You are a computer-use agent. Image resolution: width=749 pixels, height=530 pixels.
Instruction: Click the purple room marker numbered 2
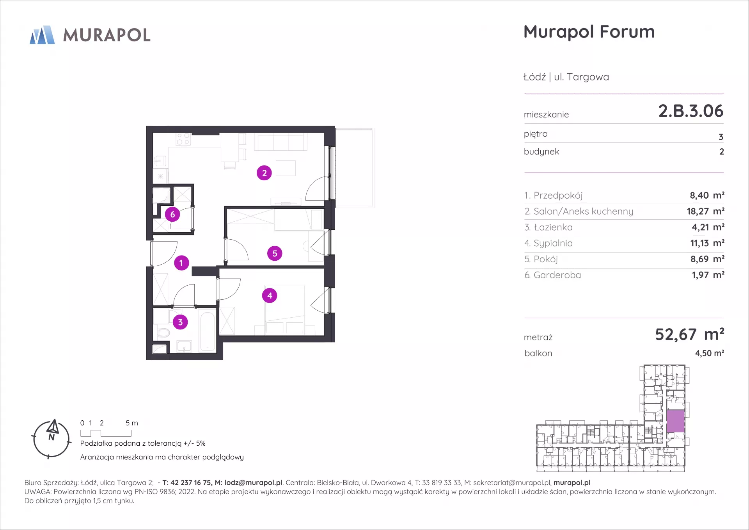(264, 173)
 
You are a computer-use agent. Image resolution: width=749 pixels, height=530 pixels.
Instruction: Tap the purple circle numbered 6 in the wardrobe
(172, 214)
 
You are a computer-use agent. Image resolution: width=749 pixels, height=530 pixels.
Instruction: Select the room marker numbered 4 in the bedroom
(270, 295)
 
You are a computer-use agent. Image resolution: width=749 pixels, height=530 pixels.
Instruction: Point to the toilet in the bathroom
(163, 333)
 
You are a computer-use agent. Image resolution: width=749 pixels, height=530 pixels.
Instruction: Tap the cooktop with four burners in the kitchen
(183, 139)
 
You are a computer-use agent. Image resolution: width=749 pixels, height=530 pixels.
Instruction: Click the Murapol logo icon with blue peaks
(42, 35)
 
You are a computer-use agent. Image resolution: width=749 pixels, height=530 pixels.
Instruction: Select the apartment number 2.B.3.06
(690, 111)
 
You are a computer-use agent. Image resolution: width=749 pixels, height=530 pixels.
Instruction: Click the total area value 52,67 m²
(689, 334)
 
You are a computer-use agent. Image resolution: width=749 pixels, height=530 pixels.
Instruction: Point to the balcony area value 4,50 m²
(709, 353)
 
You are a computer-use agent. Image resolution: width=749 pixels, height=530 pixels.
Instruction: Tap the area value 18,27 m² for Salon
(705, 211)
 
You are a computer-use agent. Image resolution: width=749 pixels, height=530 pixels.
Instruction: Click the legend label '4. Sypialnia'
(548, 243)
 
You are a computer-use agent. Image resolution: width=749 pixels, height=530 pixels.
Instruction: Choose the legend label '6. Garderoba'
(552, 275)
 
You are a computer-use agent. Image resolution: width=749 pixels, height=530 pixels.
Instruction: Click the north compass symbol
(51, 439)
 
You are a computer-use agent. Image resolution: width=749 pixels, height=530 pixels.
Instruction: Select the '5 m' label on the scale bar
(132, 423)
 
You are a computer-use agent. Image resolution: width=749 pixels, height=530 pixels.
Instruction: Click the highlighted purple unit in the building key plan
(675, 421)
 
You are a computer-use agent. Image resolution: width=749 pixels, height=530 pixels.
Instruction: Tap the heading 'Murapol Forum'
(589, 32)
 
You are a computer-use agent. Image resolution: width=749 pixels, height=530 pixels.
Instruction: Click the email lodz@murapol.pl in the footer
(253, 483)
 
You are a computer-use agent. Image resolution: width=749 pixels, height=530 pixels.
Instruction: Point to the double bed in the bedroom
(285, 310)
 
